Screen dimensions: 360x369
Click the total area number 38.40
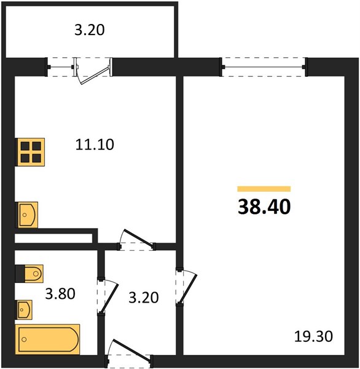click(264, 207)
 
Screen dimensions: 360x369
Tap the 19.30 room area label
click(313, 336)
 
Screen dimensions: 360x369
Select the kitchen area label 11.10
click(95, 145)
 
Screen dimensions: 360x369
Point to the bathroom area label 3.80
click(60, 294)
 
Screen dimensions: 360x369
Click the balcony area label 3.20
click(90, 30)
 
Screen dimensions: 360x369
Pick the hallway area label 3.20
click(144, 297)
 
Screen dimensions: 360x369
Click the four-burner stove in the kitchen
click(30, 153)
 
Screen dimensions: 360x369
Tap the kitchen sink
click(26, 215)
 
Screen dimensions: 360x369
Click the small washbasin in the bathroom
click(24, 310)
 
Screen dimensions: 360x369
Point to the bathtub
click(47, 339)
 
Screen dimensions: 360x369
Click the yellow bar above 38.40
click(264, 189)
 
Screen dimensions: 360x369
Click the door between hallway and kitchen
click(137, 240)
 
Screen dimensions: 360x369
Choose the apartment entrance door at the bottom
click(130, 352)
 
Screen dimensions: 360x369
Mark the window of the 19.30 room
click(264, 67)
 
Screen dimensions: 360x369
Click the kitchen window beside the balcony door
click(61, 68)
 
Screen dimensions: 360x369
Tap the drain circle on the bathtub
click(24, 339)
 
